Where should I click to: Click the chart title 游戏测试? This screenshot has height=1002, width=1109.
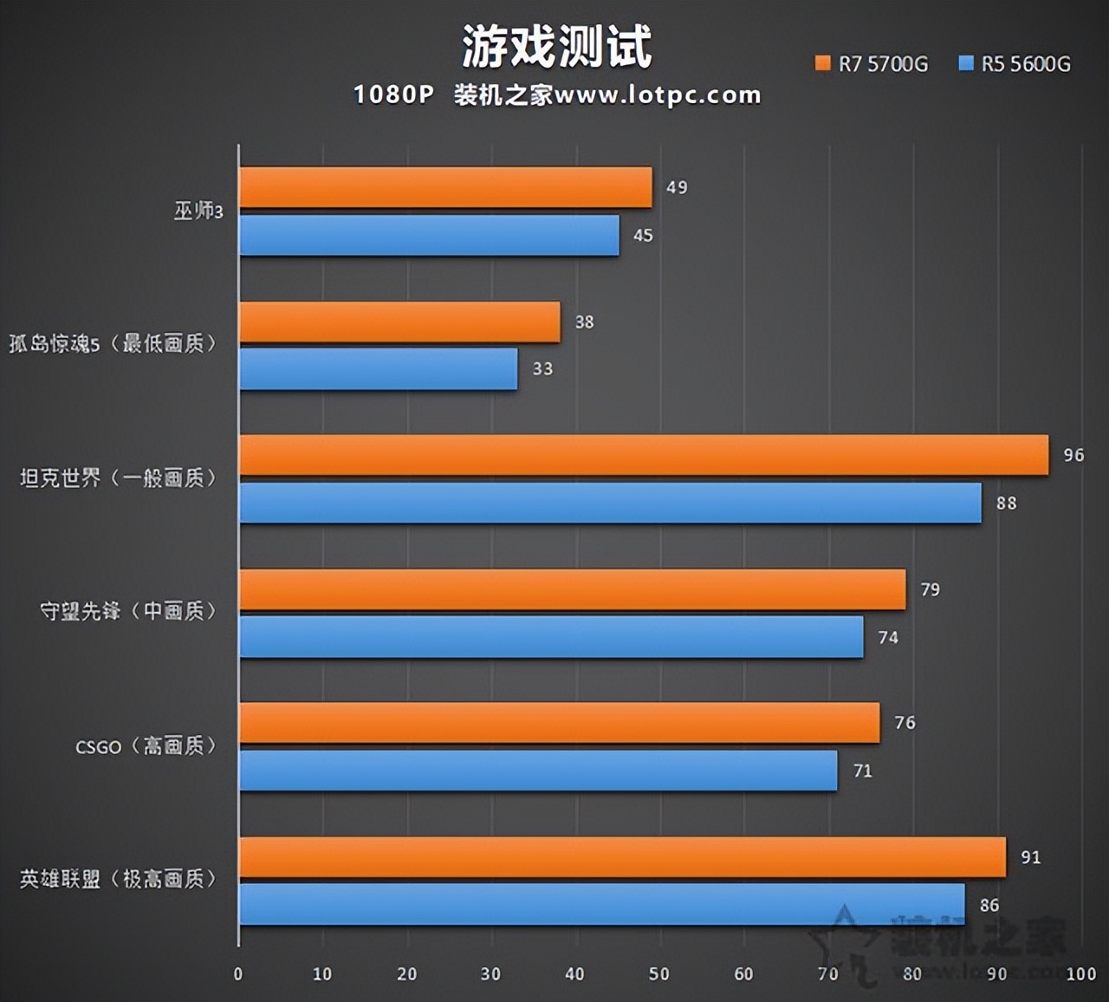pyautogui.click(x=556, y=47)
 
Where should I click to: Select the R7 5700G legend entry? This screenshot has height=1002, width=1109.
pyautogui.click(x=872, y=64)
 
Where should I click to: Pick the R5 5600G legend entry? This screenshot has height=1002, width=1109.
pyautogui.click(x=1015, y=64)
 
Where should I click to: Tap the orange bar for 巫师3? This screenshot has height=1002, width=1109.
pyautogui.click(x=445, y=187)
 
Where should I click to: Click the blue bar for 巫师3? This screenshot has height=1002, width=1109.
pyautogui.click(x=429, y=236)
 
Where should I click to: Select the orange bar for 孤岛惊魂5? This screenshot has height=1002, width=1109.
pyautogui.click(x=399, y=322)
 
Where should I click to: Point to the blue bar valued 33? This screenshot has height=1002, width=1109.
pyautogui.click(x=378, y=369)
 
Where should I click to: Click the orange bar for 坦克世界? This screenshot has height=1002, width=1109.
pyautogui.click(x=644, y=455)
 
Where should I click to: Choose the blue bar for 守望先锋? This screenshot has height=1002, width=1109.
pyautogui.click(x=551, y=637)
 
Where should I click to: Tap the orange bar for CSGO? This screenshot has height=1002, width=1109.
pyautogui.click(x=559, y=723)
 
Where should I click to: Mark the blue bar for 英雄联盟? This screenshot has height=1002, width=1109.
pyautogui.click(x=601, y=904)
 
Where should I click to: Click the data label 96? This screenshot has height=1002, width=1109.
pyautogui.click(x=1073, y=455)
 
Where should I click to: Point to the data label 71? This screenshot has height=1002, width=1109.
pyautogui.click(x=862, y=771)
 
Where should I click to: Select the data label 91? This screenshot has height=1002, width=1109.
pyautogui.click(x=1030, y=857)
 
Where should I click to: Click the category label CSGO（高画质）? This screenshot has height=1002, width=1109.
pyautogui.click(x=145, y=746)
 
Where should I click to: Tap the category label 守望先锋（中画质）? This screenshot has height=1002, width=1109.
pyautogui.click(x=128, y=612)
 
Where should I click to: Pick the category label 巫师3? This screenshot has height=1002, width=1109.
pyautogui.click(x=198, y=211)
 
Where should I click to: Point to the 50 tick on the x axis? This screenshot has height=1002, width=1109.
pyautogui.click(x=659, y=974)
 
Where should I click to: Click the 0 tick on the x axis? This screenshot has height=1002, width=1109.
pyautogui.click(x=238, y=974)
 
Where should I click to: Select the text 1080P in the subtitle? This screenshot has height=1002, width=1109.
pyautogui.click(x=392, y=94)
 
